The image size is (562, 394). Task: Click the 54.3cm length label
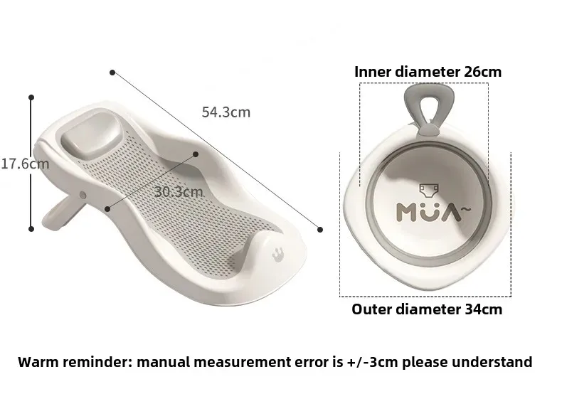pyautogui.click(x=226, y=112)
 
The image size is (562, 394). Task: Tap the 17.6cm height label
pyautogui.click(x=25, y=164)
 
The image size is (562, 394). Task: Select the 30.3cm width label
pyautogui.click(x=179, y=192)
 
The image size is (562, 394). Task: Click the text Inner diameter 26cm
pyautogui.click(x=428, y=72)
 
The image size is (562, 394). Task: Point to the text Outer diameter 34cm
pyautogui.click(x=427, y=309)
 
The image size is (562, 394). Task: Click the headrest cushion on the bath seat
pyautogui.click(x=90, y=135)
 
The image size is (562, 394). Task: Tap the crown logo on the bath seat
pyautogui.click(x=277, y=255)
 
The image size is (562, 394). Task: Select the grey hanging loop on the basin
pyautogui.click(x=429, y=107)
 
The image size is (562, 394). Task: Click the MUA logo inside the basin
pyautogui.click(x=433, y=212)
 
